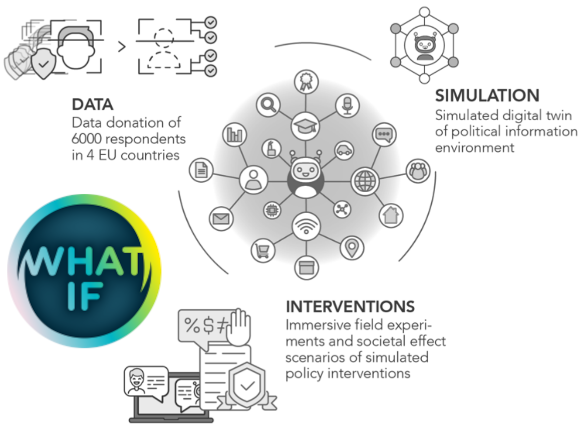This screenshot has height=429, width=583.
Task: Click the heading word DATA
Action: (93, 105)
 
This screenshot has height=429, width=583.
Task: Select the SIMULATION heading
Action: (487, 96)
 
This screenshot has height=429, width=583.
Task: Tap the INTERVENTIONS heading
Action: (350, 307)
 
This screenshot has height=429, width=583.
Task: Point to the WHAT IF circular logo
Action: (85, 271)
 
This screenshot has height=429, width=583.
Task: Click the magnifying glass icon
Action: (268, 105)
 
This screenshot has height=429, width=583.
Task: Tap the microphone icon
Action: (347, 105)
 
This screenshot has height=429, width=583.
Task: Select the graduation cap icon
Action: (305, 126)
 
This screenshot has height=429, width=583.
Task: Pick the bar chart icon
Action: (234, 134)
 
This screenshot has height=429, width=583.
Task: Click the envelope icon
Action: (221, 219)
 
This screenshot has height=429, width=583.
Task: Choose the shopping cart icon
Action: (263, 251)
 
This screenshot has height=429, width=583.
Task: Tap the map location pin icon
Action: (352, 248)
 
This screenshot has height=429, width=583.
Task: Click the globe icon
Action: (365, 181)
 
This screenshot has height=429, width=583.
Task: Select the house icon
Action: (391, 215)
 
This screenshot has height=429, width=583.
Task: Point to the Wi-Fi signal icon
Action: (306, 226)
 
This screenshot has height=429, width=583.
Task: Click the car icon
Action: (344, 151)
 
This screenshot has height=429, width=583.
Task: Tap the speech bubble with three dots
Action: (384, 134)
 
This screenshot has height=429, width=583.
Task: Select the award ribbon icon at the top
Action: (306, 82)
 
